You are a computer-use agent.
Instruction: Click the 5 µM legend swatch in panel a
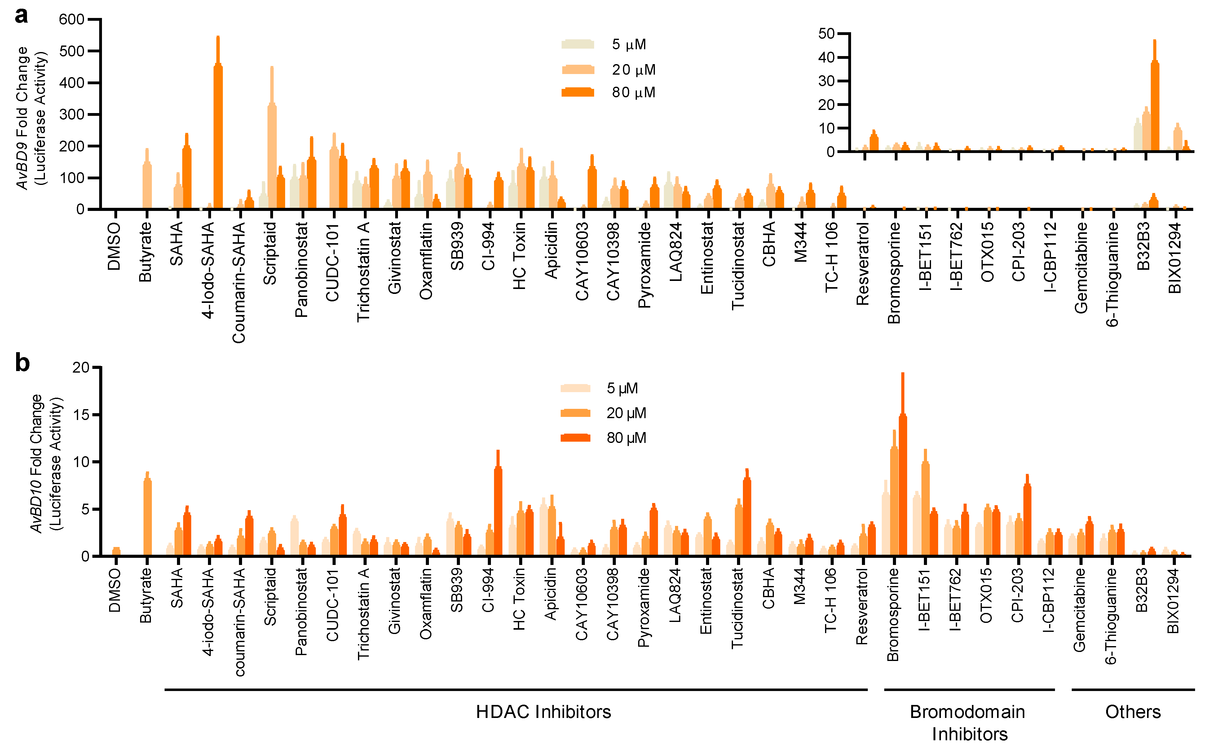point(577,44)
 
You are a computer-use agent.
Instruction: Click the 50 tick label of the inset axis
point(827,34)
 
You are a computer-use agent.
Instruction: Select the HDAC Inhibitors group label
point(543,712)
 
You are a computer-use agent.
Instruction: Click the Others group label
point(1133,712)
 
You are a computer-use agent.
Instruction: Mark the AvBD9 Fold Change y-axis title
point(31,118)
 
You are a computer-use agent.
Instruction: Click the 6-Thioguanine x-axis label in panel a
point(1112,274)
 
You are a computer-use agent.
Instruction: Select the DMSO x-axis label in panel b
point(114,590)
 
